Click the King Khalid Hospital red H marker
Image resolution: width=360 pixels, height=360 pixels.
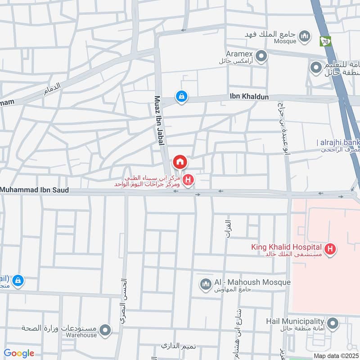(x=331, y=248)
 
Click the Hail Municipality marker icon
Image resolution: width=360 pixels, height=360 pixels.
(x=333, y=323)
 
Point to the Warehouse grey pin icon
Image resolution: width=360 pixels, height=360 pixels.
(x=105, y=331)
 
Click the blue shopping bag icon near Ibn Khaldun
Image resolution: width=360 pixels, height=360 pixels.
(x=181, y=96)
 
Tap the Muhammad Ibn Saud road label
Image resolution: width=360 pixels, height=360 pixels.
(x=35, y=190)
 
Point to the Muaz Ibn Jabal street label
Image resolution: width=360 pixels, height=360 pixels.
(x=158, y=120)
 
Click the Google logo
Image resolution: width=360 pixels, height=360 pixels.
(x=19, y=353)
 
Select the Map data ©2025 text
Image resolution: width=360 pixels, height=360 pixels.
(x=336, y=355)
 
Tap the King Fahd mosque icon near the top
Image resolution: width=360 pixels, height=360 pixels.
(x=306, y=36)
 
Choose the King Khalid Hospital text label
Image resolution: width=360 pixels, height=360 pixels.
(x=286, y=247)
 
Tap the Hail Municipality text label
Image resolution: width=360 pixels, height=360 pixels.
(x=294, y=321)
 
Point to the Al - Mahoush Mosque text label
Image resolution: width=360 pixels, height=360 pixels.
(x=252, y=282)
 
